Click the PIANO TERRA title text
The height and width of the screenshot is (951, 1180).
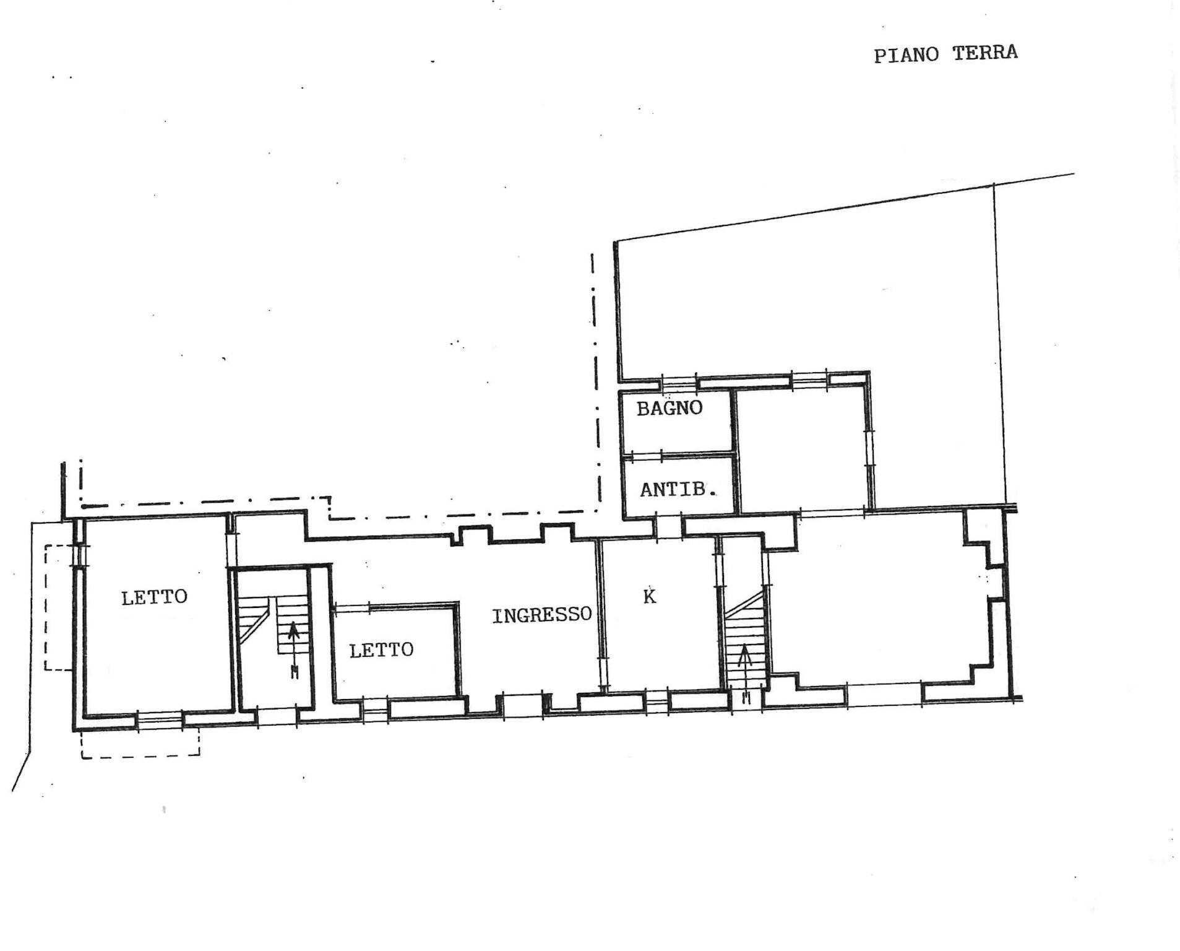point(945,54)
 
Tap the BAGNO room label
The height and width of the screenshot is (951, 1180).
point(670,408)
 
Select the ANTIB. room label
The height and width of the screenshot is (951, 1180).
point(678,490)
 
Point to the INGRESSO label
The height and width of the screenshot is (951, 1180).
point(541,615)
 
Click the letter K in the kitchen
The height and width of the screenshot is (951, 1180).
point(649,596)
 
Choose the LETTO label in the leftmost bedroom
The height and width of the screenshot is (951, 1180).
point(154,597)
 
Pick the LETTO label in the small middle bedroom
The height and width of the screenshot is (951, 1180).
point(381,650)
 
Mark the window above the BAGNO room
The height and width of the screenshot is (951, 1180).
point(678,381)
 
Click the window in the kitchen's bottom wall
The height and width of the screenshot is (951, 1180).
point(656,701)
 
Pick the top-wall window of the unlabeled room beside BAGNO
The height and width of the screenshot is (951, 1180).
point(809,379)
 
